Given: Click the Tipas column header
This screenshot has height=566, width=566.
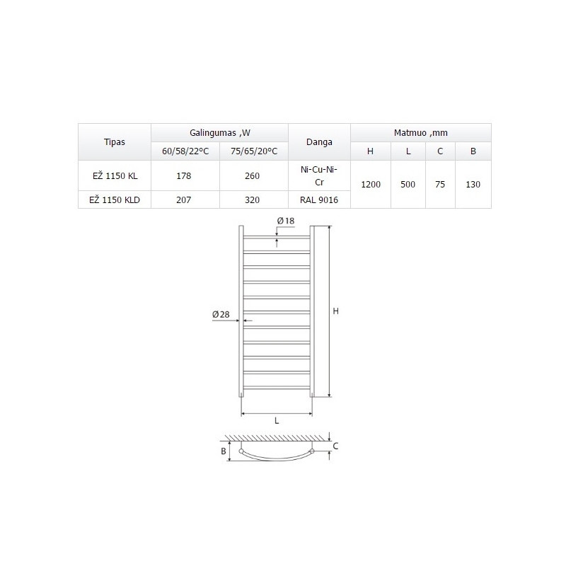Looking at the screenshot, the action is pyautogui.click(x=115, y=142).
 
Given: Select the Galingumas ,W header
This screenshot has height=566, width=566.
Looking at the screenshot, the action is pyautogui.click(x=220, y=133).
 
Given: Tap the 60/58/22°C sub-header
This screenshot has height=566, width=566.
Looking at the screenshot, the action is pyautogui.click(x=185, y=151).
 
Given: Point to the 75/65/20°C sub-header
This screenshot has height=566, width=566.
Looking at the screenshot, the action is pyautogui.click(x=254, y=151).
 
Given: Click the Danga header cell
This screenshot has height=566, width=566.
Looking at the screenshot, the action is pyautogui.click(x=319, y=142).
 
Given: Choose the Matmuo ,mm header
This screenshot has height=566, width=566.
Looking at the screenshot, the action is pyautogui.click(x=420, y=133).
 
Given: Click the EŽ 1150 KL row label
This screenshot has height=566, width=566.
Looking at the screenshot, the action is pyautogui.click(x=115, y=175).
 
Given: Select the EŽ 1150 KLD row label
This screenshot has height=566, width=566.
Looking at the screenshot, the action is pyautogui.click(x=115, y=200).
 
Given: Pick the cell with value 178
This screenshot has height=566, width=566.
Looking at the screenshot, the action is pyautogui.click(x=184, y=175).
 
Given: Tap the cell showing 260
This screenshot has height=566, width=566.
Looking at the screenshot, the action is pyautogui.click(x=253, y=175).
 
